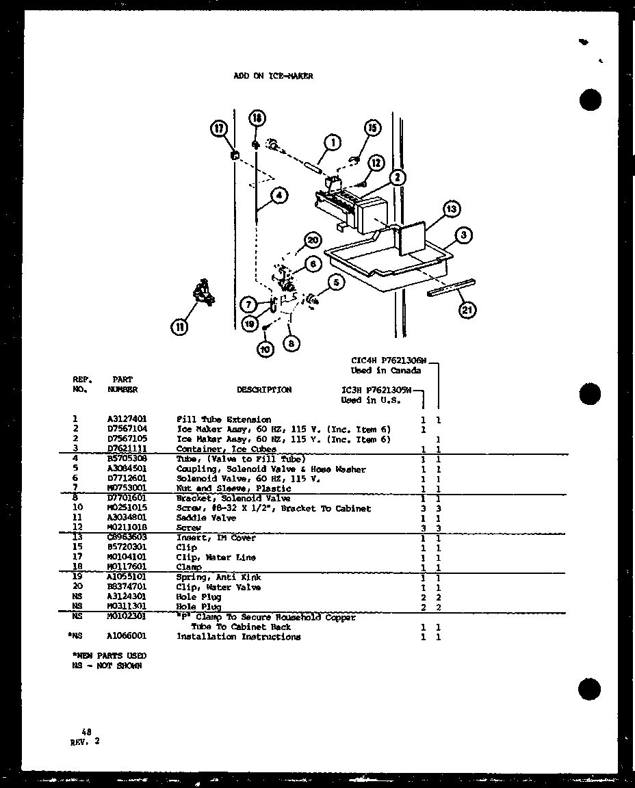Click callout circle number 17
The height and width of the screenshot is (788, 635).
tap(219, 128)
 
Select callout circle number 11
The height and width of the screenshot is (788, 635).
tap(179, 328)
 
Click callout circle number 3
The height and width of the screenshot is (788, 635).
tap(463, 235)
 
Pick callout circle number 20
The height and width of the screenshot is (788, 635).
tap(313, 240)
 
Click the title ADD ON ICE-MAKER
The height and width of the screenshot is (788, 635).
tap(273, 77)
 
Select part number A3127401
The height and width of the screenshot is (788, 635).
tap(127, 419)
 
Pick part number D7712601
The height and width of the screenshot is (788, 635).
tap(127, 479)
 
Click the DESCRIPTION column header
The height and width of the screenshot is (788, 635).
tap(263, 390)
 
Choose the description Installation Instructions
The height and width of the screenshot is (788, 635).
tap(238, 637)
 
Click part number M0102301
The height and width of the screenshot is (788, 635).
tap(127, 617)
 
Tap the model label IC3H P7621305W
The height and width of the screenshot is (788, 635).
tap(376, 390)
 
